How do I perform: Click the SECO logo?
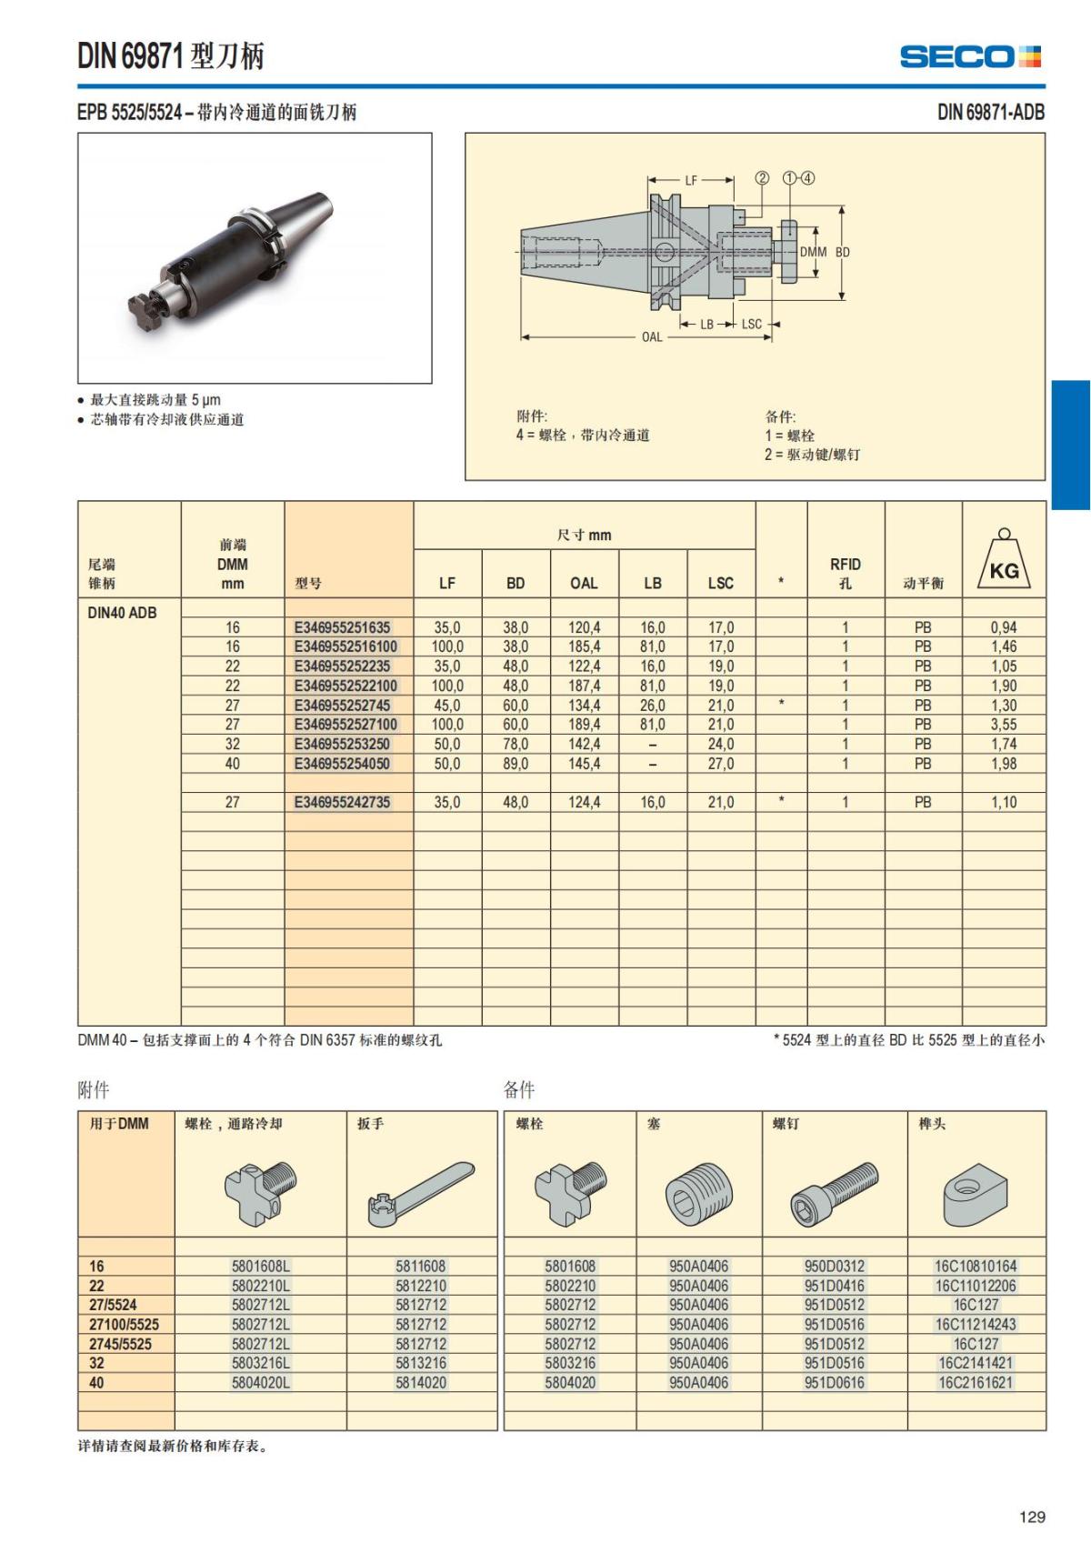pos(970,56)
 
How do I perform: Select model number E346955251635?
pos(342,627)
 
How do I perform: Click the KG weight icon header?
pos(1004,561)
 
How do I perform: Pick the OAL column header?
pos(584,583)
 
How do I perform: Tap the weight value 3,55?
pos(1004,725)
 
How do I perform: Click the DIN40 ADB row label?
pos(122,613)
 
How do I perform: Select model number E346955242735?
pos(342,802)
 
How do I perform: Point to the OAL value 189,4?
pos(584,725)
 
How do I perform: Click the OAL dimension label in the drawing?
pos(652,337)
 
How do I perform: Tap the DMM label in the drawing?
pos(813,252)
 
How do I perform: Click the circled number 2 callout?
pos(762,178)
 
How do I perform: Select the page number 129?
pos(1032,1517)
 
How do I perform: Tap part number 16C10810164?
pos(976,1266)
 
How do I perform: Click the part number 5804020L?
pos(261,1382)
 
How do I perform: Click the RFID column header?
pos(845,573)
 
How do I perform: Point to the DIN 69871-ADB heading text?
pos(990,113)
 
